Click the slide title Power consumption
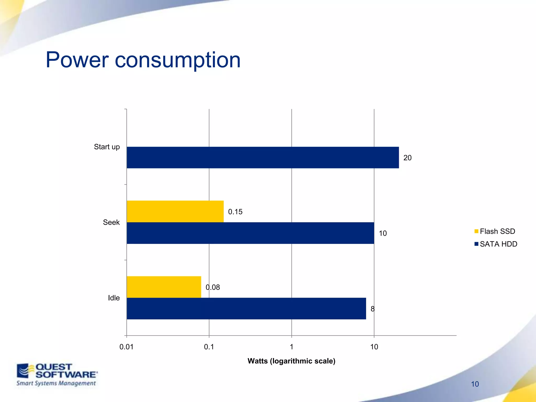coord(143,60)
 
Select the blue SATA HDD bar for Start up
coord(263,158)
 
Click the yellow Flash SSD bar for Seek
coord(175,211)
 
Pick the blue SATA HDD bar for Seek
coord(250,233)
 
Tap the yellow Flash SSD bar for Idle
coord(164,287)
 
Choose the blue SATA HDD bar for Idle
coord(246,309)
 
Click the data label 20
coord(407,158)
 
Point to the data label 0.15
coord(235,212)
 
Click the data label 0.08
coord(213,287)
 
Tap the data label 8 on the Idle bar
coord(372,309)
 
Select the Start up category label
coord(107,147)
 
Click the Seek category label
coord(111,222)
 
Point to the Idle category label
coord(114,298)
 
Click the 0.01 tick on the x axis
coord(126,347)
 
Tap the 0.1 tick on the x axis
coord(209,347)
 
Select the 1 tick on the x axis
coord(291,347)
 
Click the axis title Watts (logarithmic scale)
coord(291,361)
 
